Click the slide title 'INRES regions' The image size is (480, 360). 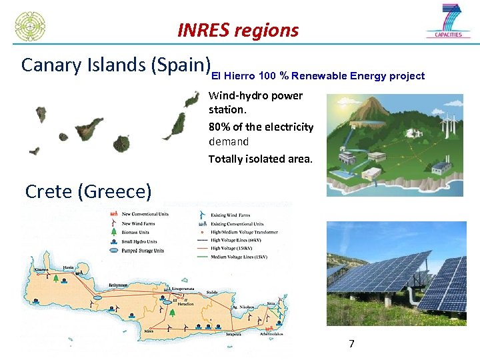(x=238, y=31)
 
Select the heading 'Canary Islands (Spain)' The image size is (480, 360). (x=115, y=65)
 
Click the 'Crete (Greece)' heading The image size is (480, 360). (x=88, y=192)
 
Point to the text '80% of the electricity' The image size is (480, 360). (x=261, y=127)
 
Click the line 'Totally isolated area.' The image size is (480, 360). (x=260, y=159)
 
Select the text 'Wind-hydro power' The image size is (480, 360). (x=255, y=95)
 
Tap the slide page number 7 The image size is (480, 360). (x=351, y=344)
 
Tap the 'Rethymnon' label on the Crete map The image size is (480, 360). (x=119, y=285)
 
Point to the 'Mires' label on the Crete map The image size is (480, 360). (x=149, y=331)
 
